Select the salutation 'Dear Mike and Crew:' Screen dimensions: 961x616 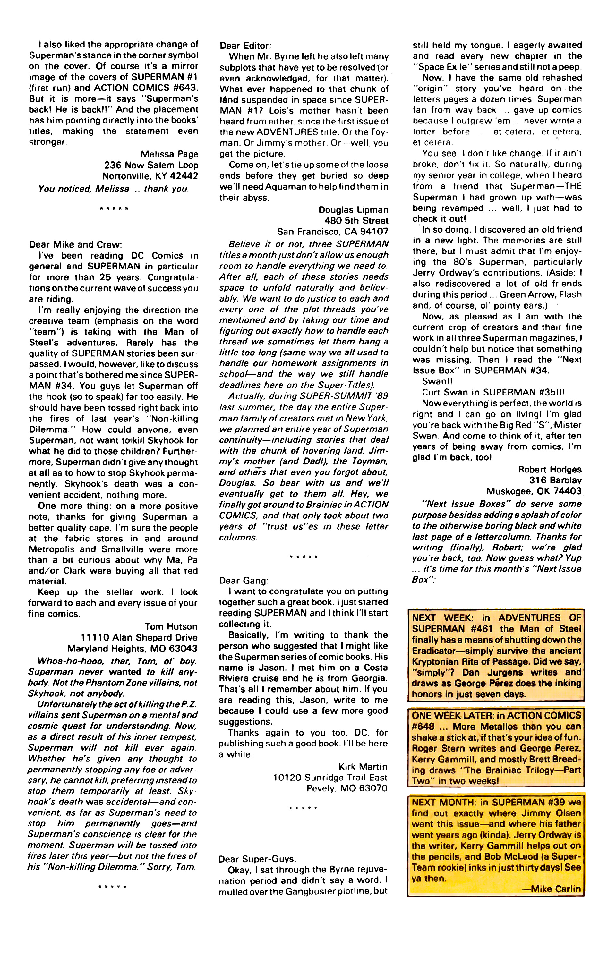click(75, 244)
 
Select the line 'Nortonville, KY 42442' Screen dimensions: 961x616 click(150, 176)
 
